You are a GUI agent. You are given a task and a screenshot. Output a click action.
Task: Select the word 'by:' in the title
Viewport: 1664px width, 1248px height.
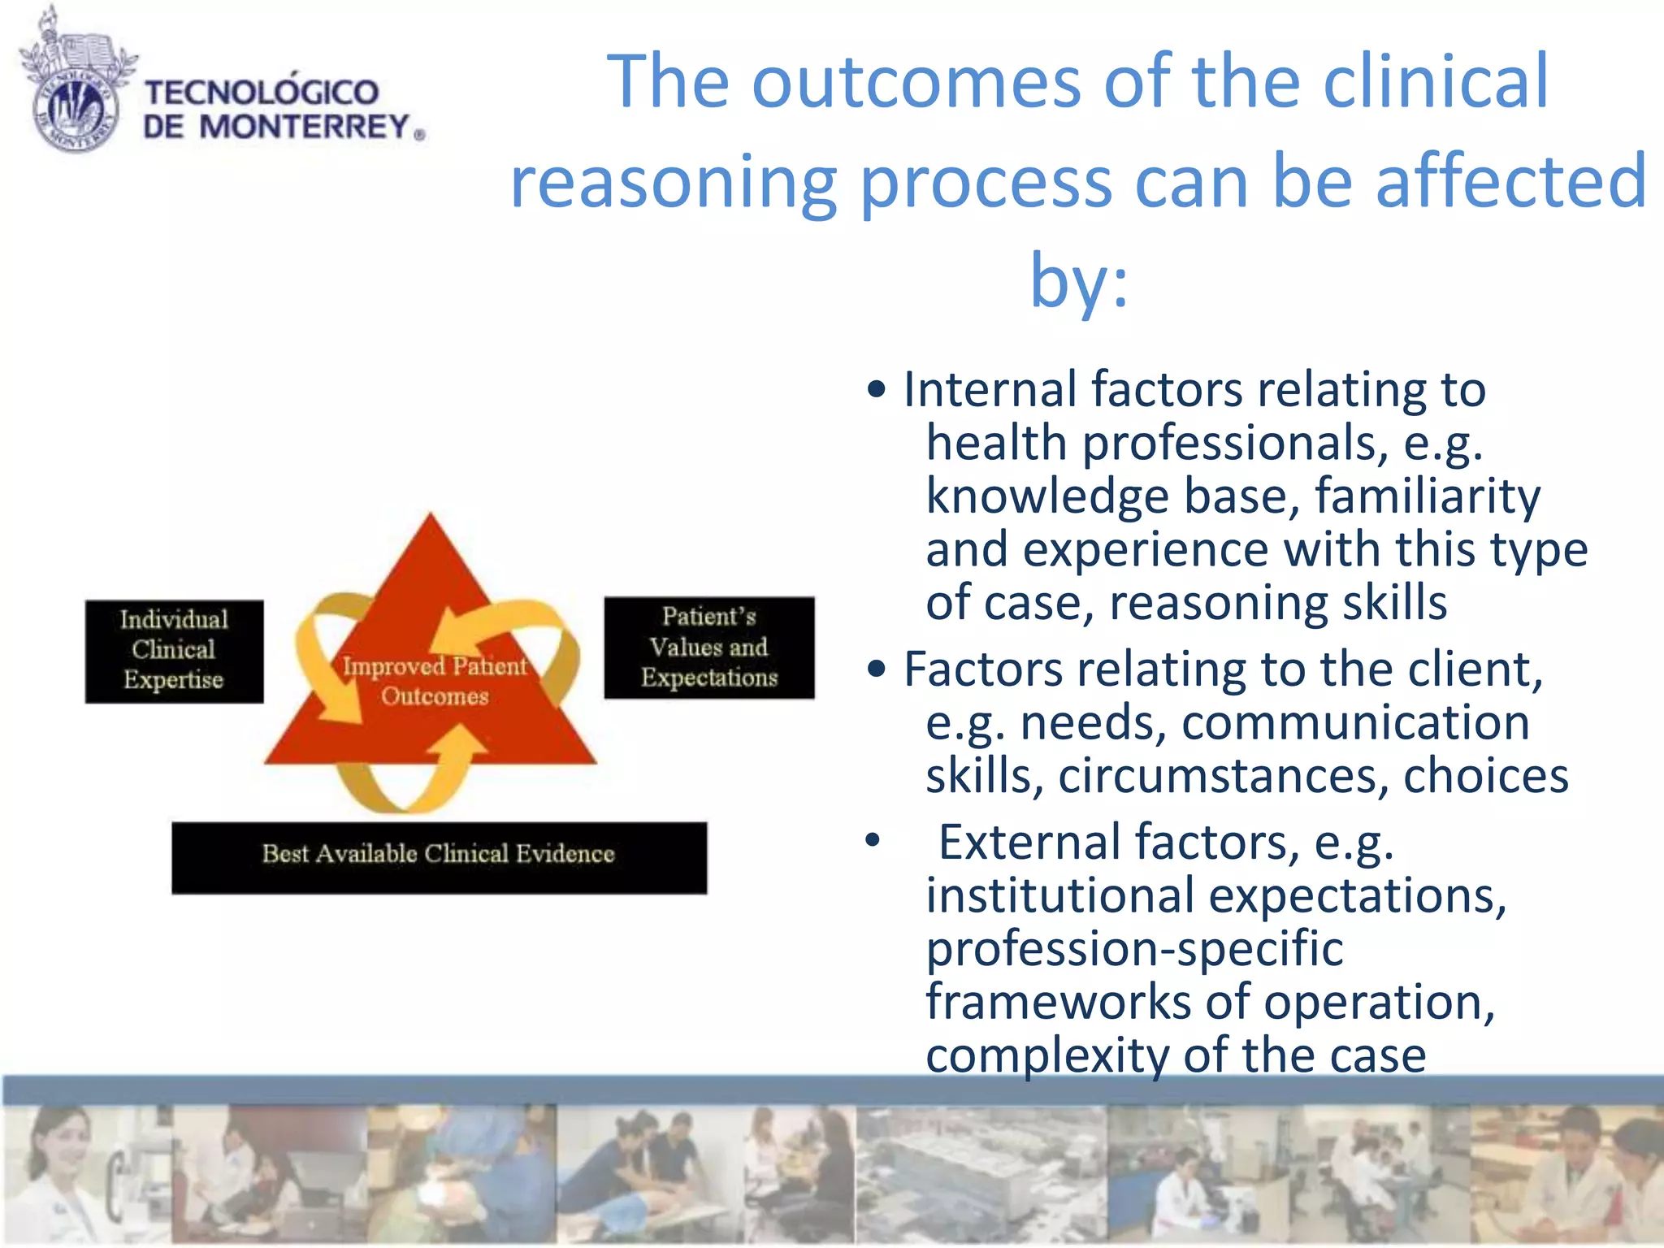pyautogui.click(x=1079, y=280)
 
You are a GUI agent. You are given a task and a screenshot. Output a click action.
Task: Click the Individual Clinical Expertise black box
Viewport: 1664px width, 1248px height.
pyautogui.click(x=174, y=651)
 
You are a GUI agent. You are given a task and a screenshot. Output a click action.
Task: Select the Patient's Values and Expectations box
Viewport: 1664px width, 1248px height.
pyautogui.click(x=708, y=648)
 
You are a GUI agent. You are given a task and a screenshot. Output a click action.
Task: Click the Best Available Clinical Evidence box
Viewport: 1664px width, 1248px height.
pyautogui.click(x=439, y=857)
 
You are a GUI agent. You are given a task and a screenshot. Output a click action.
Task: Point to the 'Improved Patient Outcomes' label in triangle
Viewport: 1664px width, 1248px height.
pyautogui.click(x=435, y=681)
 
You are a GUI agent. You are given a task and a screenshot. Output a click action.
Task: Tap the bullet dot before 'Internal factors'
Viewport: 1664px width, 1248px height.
pyautogui.click(x=875, y=389)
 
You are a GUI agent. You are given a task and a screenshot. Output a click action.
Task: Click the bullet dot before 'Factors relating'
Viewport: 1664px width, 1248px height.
pyautogui.click(x=875, y=669)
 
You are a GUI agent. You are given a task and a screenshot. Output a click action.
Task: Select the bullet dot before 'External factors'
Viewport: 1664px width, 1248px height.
pyautogui.click(x=873, y=841)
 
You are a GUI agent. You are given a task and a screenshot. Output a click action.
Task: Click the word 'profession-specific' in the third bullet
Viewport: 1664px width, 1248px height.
pyautogui.click(x=1134, y=948)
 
